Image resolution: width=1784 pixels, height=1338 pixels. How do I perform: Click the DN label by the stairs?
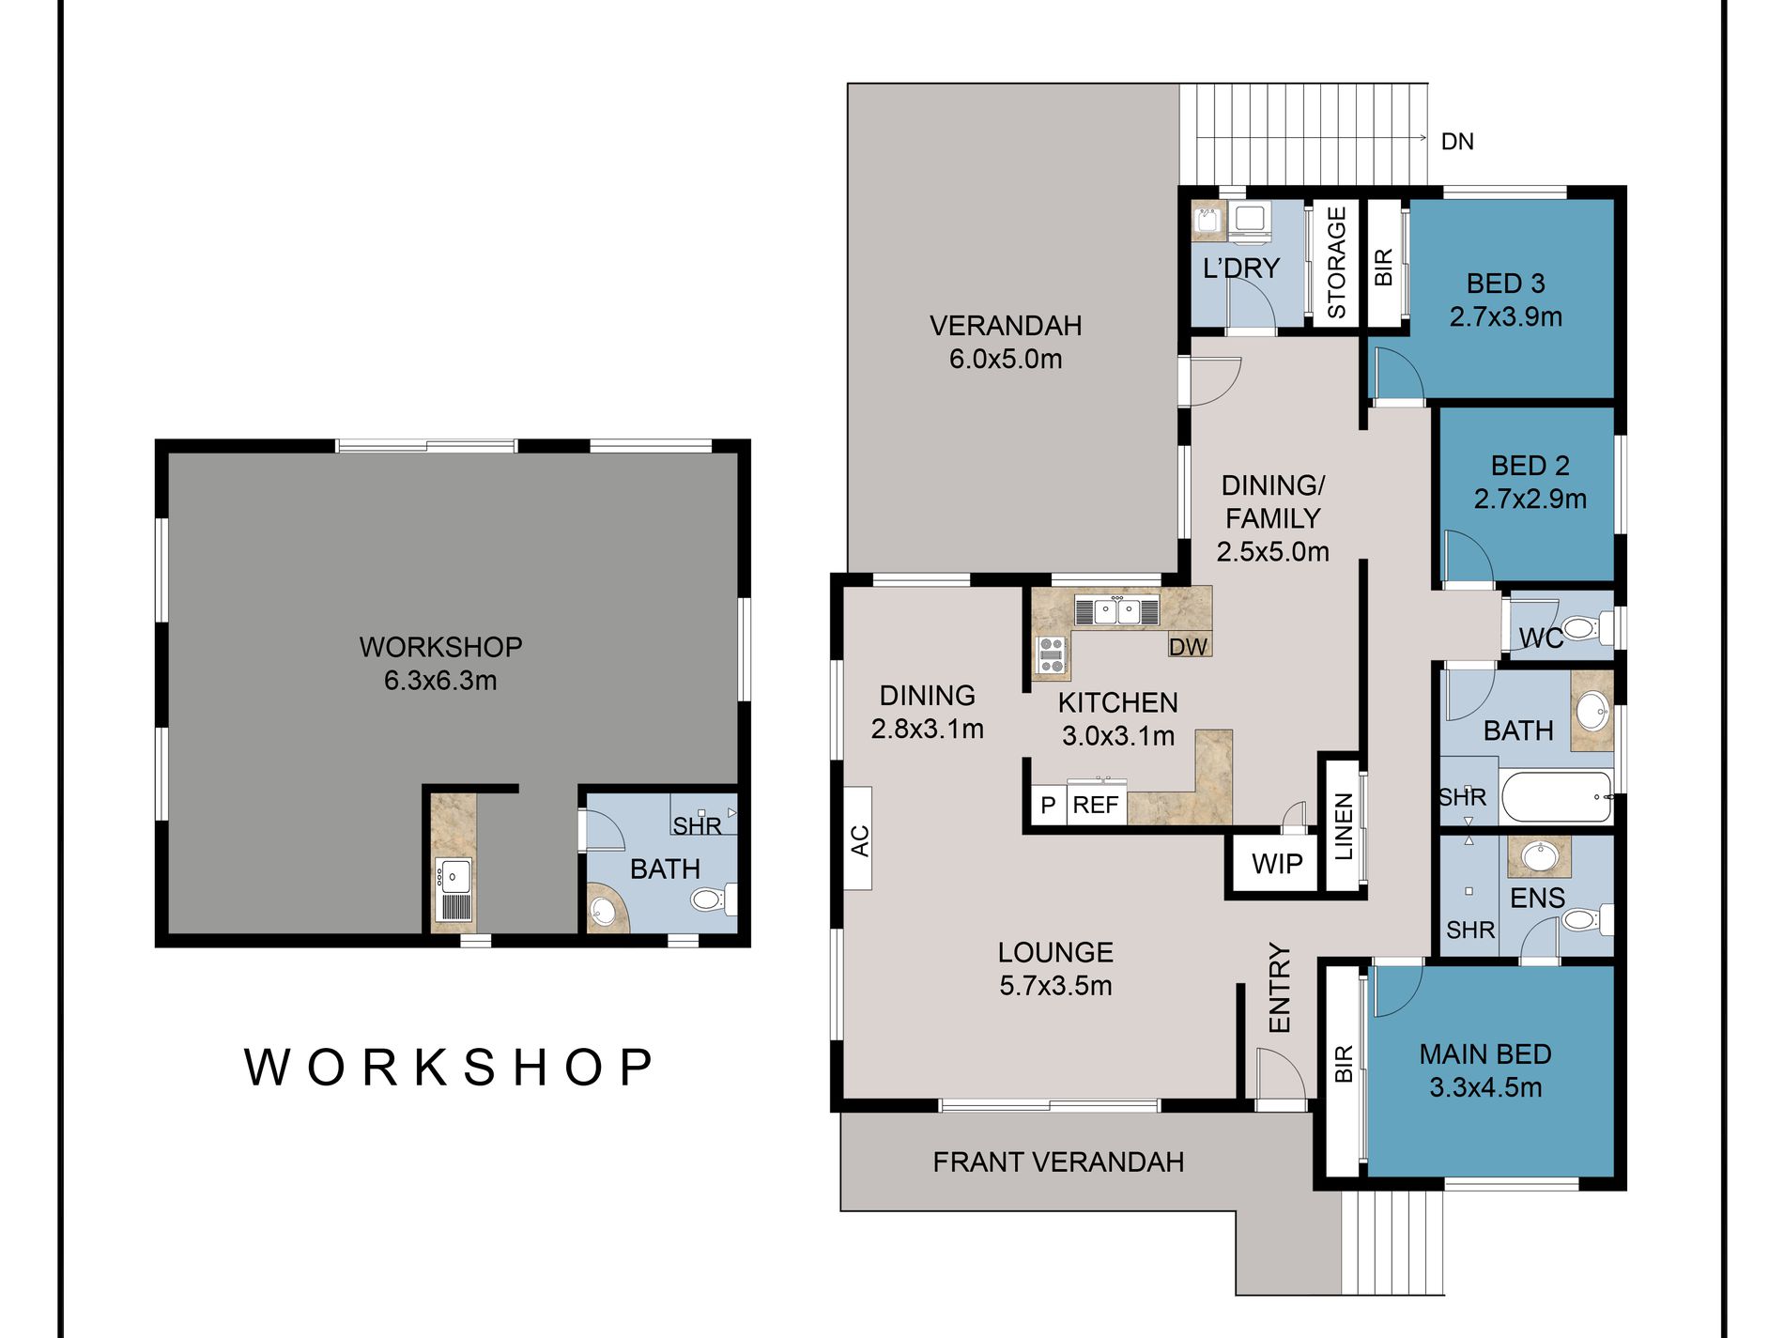pos(1457,142)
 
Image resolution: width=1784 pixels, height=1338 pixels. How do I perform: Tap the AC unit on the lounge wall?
pos(858,838)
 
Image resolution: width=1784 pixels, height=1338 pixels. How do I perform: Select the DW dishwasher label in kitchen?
pos(1188,646)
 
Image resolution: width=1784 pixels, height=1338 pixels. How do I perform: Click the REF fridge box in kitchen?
pos(1095,805)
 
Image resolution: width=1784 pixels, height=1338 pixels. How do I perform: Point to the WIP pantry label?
pos(1277,864)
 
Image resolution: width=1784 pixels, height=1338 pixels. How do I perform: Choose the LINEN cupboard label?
pos(1344,826)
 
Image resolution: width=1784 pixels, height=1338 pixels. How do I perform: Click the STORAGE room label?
pos(1336,263)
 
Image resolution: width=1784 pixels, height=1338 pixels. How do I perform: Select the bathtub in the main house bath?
pos(1557,797)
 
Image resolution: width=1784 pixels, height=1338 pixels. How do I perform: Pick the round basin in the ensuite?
pos(1539,856)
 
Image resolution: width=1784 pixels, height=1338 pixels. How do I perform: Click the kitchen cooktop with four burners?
pos(1052,655)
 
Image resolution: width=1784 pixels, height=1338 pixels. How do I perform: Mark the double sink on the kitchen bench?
pos(1117,611)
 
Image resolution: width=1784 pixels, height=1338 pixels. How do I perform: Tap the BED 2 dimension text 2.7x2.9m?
pos(1530,500)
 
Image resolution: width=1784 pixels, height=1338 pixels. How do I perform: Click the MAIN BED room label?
pos(1485,1054)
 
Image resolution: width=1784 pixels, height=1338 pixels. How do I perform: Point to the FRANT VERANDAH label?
pos(1058,1162)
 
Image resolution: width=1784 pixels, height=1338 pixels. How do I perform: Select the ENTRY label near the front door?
pos(1280,989)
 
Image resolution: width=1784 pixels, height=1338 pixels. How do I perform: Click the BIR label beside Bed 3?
pos(1383,268)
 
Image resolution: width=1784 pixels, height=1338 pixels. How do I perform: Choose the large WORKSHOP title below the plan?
pos(449,1068)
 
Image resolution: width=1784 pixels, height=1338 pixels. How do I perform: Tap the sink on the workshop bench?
pos(454,877)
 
